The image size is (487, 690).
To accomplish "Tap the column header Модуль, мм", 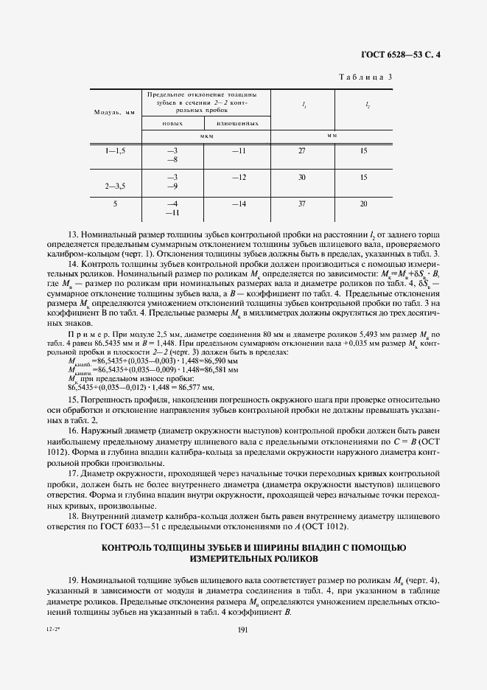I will (x=114, y=112).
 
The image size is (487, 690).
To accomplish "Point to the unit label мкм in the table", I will (x=206, y=136).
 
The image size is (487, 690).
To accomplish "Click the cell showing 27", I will (x=301, y=150).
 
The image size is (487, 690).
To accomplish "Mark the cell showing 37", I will (x=301, y=203).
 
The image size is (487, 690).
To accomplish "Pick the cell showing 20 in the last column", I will (x=364, y=203).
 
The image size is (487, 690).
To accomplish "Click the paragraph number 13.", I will (x=72, y=233).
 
